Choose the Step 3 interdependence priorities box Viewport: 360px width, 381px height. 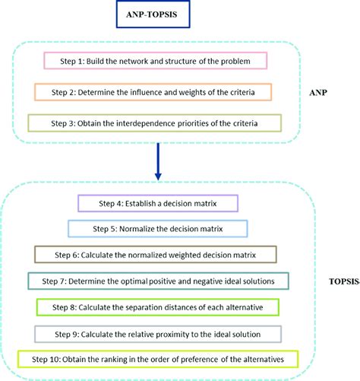155,123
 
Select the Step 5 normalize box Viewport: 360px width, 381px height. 156,227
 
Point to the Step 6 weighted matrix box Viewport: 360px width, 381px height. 156,253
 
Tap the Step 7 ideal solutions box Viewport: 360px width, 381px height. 156,281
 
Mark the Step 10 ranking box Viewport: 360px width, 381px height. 156,358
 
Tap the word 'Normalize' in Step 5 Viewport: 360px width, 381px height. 134,227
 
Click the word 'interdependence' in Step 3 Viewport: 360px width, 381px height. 149,123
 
